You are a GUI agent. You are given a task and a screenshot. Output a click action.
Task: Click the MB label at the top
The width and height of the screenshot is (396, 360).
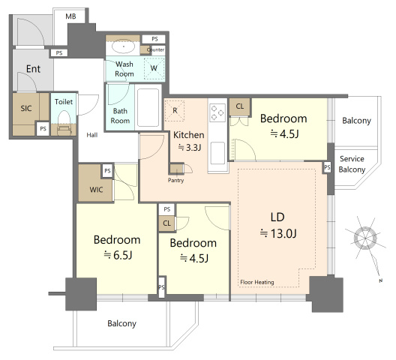pyautogui.click(x=70, y=16)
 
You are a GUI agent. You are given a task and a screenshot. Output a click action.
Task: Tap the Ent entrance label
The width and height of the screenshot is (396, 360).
pyautogui.click(x=33, y=69)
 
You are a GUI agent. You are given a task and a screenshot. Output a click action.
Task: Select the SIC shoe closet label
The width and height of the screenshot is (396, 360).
pyautogui.click(x=26, y=109)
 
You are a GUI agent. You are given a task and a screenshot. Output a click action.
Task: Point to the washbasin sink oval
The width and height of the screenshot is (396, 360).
pyautogui.click(x=124, y=46)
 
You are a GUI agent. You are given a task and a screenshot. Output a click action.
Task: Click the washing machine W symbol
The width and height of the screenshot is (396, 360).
pyautogui.click(x=154, y=67)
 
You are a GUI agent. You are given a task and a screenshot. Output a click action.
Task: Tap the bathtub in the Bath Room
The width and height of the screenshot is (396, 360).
pyautogui.click(x=148, y=107)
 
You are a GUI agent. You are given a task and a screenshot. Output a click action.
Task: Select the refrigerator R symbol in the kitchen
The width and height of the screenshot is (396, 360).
pyautogui.click(x=175, y=110)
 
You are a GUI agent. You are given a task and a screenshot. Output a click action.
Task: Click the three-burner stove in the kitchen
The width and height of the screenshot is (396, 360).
pyautogui.click(x=217, y=112)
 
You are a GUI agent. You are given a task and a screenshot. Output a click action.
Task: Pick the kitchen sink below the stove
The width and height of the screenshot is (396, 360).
pyautogui.click(x=217, y=153)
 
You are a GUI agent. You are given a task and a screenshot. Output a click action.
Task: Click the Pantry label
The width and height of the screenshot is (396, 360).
pyautogui.click(x=175, y=180)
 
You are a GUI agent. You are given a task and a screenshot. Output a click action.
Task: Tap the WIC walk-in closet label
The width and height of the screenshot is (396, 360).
pyautogui.click(x=96, y=190)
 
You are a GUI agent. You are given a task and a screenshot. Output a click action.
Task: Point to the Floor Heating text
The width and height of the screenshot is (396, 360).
pyautogui.click(x=257, y=282)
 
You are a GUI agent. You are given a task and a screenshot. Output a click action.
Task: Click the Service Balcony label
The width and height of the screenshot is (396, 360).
pyautogui.click(x=352, y=164)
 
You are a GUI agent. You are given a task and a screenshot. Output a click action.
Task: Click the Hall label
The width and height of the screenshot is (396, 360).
pyautogui.click(x=92, y=135)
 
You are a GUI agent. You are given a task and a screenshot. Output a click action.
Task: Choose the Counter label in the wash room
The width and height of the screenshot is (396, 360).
pyautogui.click(x=155, y=49)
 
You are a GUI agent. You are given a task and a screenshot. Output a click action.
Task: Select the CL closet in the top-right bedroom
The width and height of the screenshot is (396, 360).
pyautogui.click(x=240, y=106)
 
